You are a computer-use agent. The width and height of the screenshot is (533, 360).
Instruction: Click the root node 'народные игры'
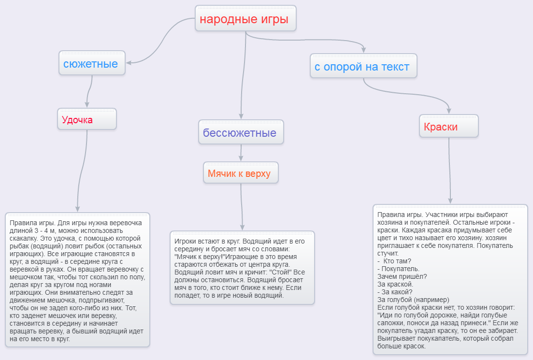(x=245, y=18)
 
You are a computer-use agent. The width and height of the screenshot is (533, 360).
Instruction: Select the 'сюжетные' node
(x=92, y=63)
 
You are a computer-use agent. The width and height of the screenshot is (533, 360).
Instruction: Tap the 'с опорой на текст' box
(x=363, y=66)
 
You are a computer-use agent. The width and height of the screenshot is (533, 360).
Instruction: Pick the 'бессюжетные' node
(x=241, y=132)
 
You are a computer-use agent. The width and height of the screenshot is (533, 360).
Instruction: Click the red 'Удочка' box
(x=87, y=119)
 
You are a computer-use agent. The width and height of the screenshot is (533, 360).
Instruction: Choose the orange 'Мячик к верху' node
(x=241, y=173)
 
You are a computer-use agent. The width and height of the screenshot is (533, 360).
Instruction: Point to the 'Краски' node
(x=449, y=126)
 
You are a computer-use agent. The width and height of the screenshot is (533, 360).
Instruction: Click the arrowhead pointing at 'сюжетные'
(x=129, y=62)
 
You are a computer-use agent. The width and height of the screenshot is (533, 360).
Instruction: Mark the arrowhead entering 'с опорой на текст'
(x=364, y=50)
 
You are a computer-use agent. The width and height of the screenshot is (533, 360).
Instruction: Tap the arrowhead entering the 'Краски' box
(x=449, y=111)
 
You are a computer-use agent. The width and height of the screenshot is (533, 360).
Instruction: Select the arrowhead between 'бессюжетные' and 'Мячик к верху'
(x=241, y=158)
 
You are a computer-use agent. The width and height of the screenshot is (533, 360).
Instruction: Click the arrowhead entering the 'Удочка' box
(x=87, y=104)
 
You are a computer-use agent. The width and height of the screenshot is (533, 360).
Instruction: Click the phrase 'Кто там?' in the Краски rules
(x=397, y=261)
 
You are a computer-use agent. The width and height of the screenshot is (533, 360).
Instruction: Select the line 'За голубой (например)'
(x=413, y=300)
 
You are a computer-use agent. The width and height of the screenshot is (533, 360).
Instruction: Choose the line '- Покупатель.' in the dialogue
(x=398, y=269)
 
